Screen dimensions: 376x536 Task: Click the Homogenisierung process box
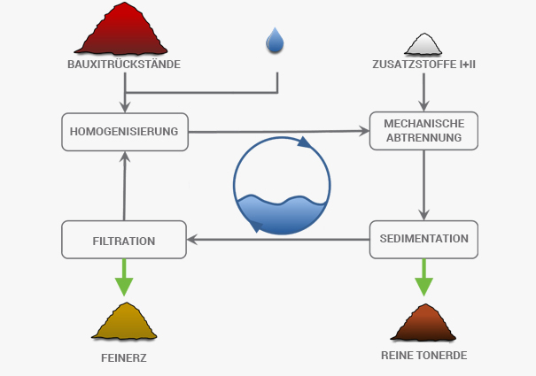tap(124, 132)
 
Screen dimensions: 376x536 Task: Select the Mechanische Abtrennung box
tap(424, 131)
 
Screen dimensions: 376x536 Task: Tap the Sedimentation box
tap(424, 238)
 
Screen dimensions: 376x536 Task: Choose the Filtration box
tap(124, 240)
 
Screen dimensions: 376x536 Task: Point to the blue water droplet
tap(276, 40)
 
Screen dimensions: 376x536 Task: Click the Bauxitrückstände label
tap(124, 65)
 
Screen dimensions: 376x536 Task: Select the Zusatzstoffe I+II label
tap(424, 65)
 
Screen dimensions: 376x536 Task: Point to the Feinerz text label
tap(124, 358)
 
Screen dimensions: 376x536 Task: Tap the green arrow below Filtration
tap(124, 277)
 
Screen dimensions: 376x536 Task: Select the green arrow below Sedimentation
tap(424, 276)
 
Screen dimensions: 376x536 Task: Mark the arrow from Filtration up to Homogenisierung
tap(125, 186)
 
